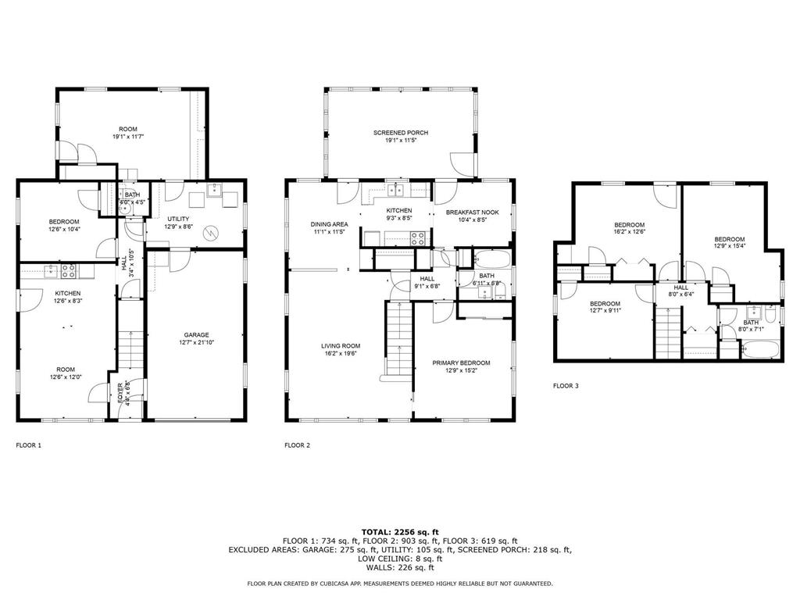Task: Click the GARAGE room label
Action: click(x=196, y=335)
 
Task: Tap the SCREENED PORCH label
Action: click(x=401, y=133)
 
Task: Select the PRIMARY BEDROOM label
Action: click(x=461, y=363)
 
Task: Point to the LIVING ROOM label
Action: click(x=341, y=346)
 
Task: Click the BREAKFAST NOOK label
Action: click(x=473, y=212)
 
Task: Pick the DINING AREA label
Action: click(x=329, y=224)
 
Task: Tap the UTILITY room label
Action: click(x=178, y=219)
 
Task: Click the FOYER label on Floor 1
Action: click(x=120, y=393)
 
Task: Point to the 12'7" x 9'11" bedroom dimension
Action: click(x=605, y=310)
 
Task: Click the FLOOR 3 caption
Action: click(x=566, y=386)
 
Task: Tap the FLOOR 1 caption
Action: click(x=29, y=445)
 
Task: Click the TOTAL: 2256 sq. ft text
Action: click(x=400, y=532)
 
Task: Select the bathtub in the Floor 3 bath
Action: click(x=759, y=350)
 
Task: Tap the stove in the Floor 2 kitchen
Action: click(x=419, y=238)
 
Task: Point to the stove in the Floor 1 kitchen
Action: click(x=69, y=271)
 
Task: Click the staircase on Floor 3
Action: click(x=668, y=333)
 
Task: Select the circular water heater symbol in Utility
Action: click(x=211, y=233)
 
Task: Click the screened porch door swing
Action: click(x=462, y=164)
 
